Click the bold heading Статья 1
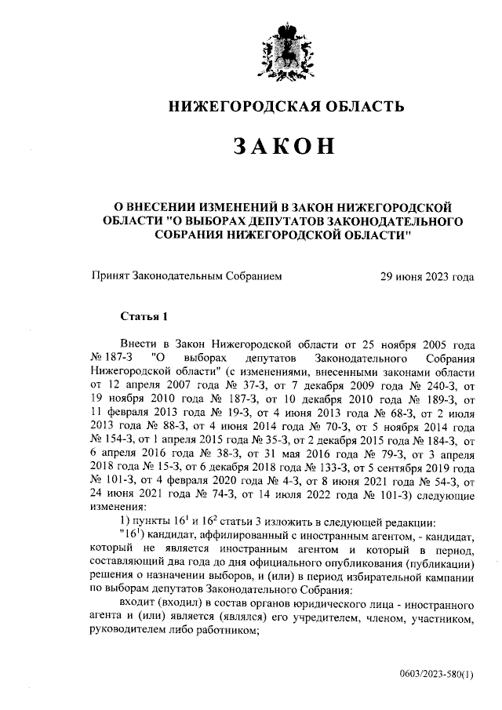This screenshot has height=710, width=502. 144,316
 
